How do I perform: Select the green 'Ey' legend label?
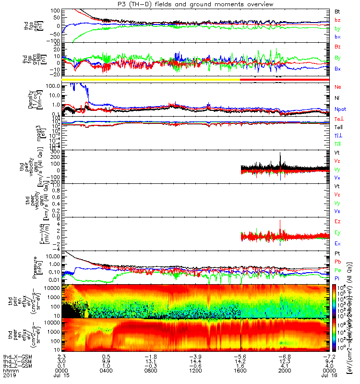point(337,233)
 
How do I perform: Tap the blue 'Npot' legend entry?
point(340,109)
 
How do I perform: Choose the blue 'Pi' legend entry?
point(337,277)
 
